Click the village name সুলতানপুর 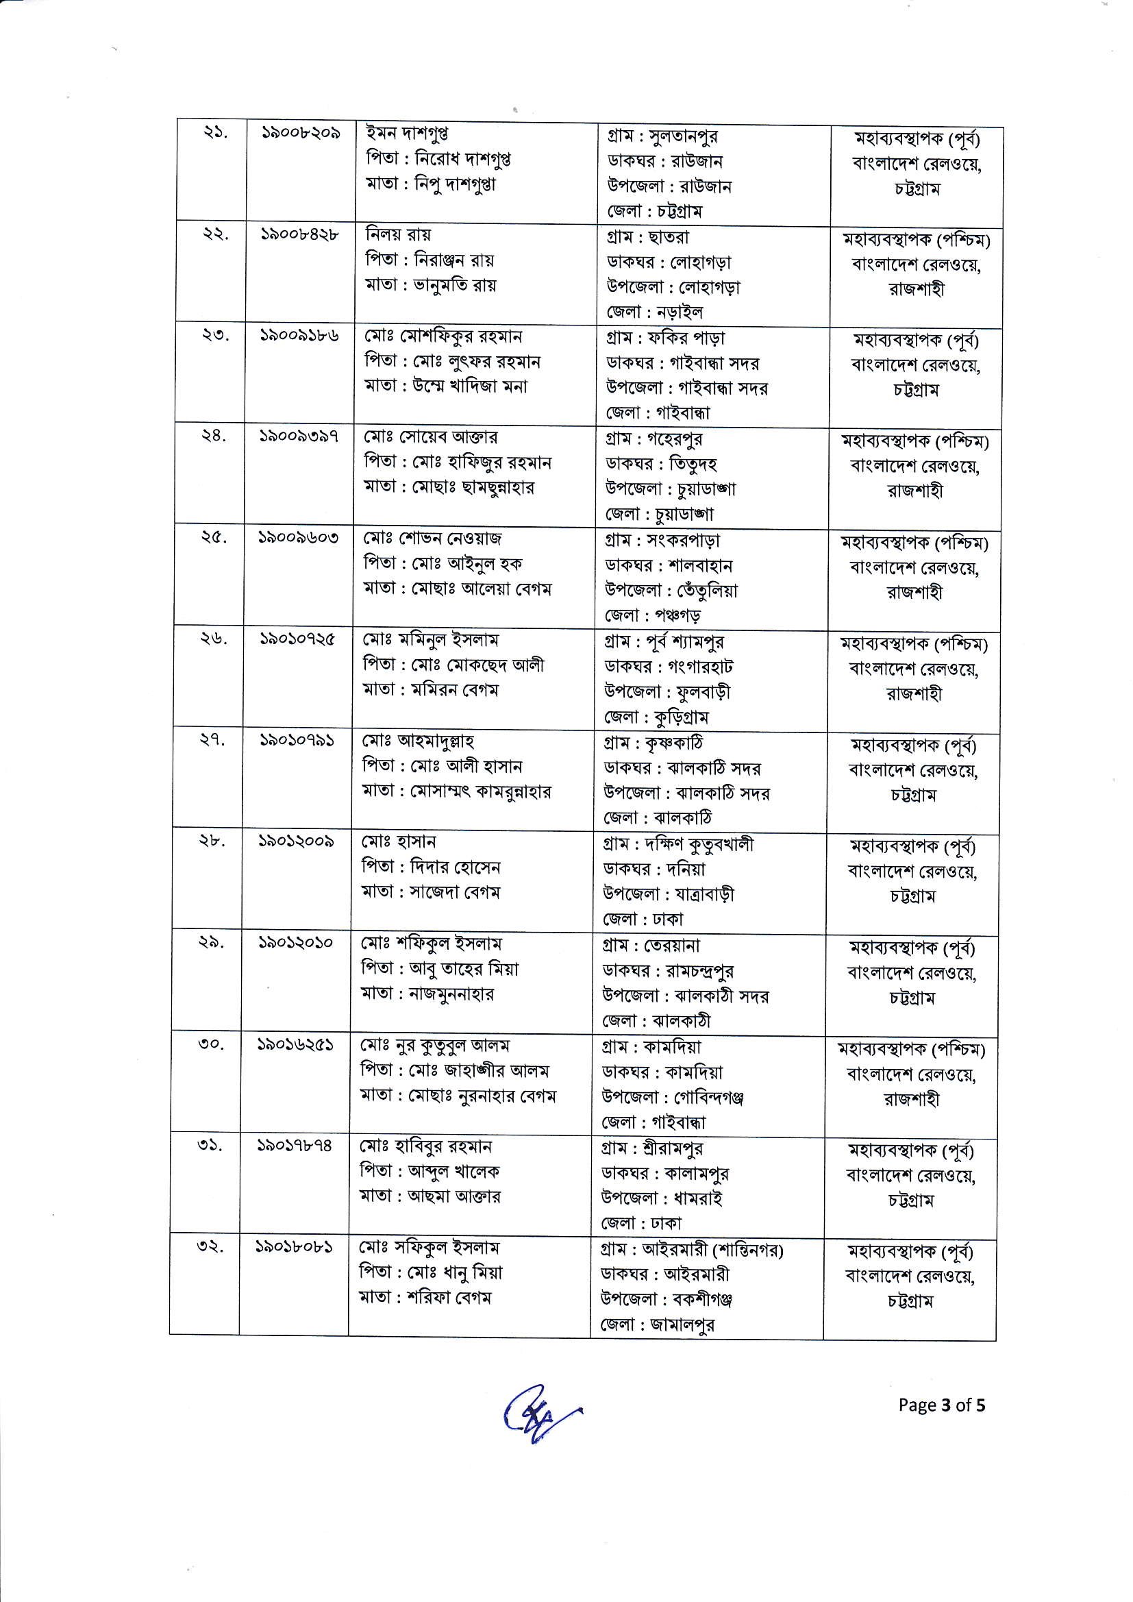pos(684,136)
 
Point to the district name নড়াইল pos(677,312)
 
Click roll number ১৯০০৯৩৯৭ pos(299,436)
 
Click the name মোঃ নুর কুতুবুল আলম pos(435,1045)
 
